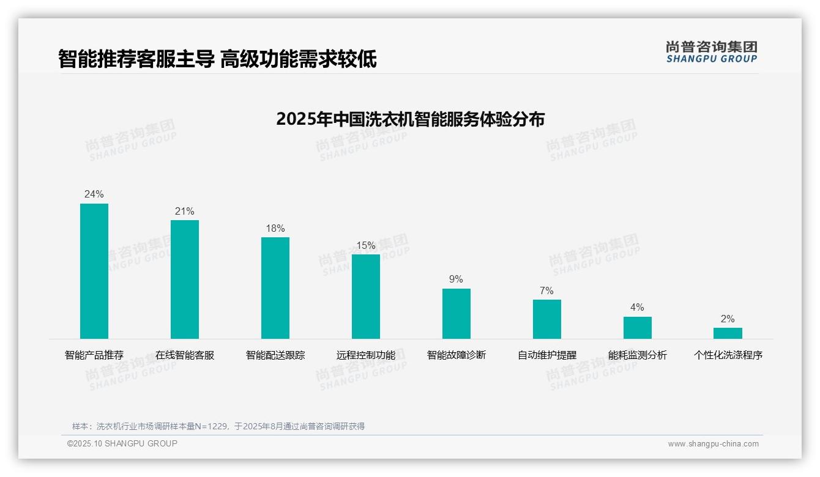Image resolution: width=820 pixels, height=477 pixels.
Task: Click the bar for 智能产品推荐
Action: [94, 271]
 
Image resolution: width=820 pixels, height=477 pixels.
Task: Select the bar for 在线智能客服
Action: [185, 279]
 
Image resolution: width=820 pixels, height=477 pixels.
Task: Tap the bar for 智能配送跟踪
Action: [275, 288]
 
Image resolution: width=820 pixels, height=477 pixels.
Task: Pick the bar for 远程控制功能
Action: [366, 297]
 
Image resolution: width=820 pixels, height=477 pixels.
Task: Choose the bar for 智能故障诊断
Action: [457, 314]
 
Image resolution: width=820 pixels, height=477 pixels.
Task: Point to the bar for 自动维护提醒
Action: [547, 319]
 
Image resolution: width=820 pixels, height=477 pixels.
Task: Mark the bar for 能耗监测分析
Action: [638, 328]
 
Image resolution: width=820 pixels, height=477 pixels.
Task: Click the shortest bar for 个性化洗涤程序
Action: [728, 333]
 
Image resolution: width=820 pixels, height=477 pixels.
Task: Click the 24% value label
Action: [94, 194]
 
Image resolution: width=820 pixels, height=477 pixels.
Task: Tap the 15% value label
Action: [366, 245]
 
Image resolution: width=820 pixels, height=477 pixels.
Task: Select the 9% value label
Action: [457, 279]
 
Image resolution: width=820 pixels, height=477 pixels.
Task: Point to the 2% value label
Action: [728, 319]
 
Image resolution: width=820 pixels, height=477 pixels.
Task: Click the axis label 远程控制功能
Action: [366, 355]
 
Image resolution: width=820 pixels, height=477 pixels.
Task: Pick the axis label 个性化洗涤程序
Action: [728, 355]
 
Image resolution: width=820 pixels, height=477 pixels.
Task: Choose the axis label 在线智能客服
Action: [185, 355]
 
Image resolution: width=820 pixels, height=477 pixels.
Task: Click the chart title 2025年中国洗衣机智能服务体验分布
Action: [410, 119]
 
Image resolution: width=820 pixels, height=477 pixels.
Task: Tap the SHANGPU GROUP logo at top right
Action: [712, 52]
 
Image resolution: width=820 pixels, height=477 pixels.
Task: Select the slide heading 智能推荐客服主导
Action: [136, 59]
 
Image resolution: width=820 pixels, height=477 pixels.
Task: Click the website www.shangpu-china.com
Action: [713, 444]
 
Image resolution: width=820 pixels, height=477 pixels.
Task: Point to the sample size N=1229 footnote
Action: [218, 426]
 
